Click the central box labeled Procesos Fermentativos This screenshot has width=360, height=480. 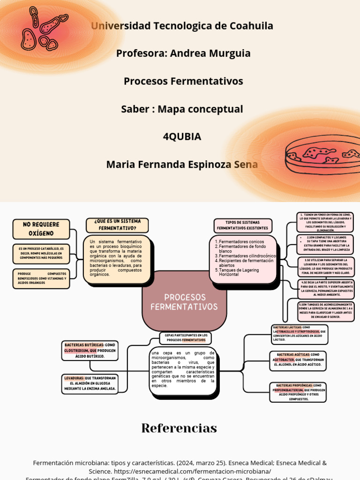[x=184, y=302]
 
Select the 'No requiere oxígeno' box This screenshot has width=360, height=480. [x=41, y=229]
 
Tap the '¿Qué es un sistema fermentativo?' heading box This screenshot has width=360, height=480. [x=117, y=225]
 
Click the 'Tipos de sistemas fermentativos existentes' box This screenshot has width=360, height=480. [x=242, y=225]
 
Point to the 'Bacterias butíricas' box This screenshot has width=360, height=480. [x=90, y=350]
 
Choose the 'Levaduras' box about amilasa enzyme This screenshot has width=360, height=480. [x=90, y=383]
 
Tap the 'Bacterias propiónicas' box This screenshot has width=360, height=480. [x=299, y=392]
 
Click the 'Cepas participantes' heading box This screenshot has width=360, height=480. [x=186, y=337]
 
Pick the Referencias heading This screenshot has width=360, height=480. [x=179, y=428]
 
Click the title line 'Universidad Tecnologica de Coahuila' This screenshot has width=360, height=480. [x=182, y=26]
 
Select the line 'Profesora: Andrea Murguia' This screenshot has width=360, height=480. [x=183, y=53]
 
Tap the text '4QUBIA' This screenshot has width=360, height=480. [x=182, y=137]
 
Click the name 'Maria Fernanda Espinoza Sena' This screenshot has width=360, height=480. [x=182, y=165]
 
